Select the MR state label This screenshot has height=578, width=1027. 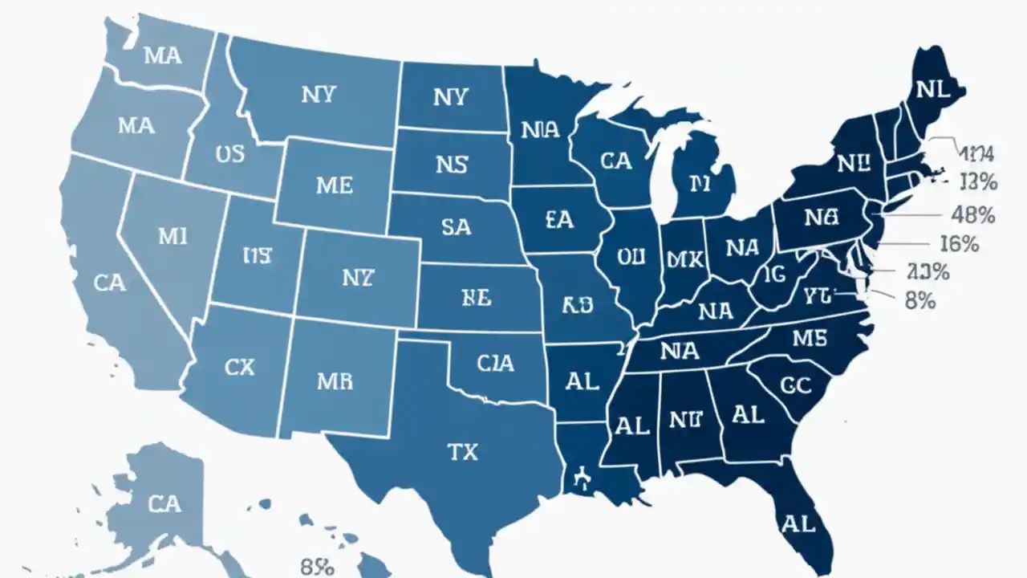(x=335, y=381)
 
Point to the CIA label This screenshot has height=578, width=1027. (x=495, y=364)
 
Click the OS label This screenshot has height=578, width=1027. (x=230, y=153)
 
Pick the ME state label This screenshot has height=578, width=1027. (x=334, y=185)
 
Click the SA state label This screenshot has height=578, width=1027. (x=456, y=227)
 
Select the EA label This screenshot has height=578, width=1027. (x=558, y=220)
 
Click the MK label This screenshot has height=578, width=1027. (x=684, y=258)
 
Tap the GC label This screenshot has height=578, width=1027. (x=796, y=385)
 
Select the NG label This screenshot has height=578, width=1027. (x=821, y=218)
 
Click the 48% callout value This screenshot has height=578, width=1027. (x=972, y=215)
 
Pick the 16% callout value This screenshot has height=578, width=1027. (x=958, y=243)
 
